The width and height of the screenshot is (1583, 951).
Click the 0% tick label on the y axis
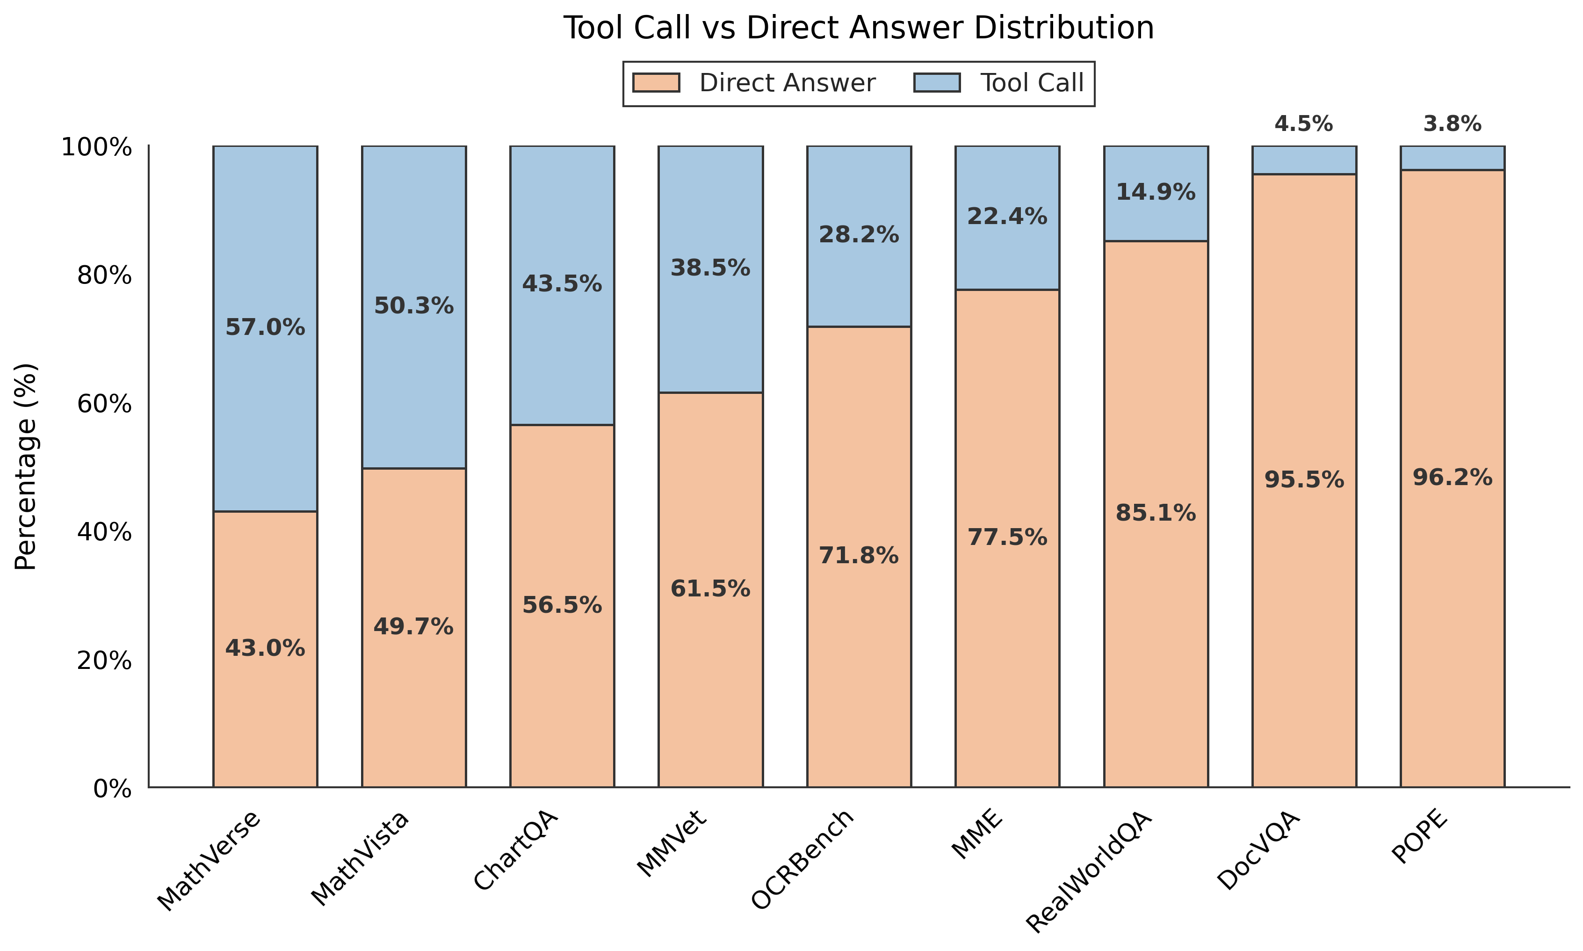112,789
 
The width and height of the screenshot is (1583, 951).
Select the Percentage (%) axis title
27,466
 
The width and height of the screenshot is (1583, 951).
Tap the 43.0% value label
265,648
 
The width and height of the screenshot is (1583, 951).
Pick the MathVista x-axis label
361,859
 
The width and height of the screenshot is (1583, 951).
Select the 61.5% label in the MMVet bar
710,589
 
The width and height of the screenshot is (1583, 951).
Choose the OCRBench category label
803,859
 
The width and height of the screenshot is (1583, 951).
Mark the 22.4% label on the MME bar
1006,217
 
